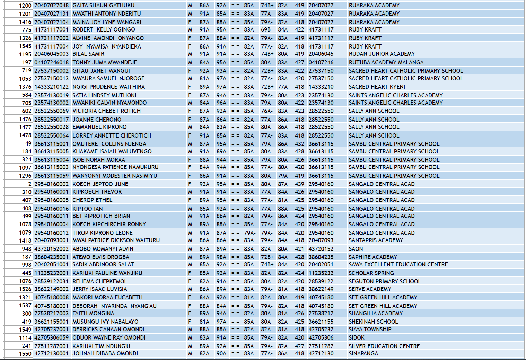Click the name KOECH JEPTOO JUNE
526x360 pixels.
click(x=100, y=184)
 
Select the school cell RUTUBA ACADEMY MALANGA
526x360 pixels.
click(x=386, y=62)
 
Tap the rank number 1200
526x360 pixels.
click(x=25, y=6)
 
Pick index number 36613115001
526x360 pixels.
click(x=51, y=144)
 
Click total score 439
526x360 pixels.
click(x=299, y=184)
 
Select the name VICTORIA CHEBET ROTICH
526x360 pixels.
click(x=106, y=111)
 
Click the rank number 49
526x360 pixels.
click(x=28, y=144)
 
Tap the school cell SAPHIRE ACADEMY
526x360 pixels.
click(x=373, y=257)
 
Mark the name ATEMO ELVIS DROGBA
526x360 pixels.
click(x=100, y=257)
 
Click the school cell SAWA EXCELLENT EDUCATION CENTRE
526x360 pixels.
click(x=398, y=264)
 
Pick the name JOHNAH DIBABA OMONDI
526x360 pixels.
click(x=105, y=353)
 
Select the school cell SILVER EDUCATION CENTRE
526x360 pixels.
click(x=384, y=346)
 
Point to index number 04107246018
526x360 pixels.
click(x=51, y=62)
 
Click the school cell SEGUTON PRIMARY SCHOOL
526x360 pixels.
click(x=385, y=281)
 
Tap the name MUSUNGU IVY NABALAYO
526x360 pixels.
click(x=105, y=322)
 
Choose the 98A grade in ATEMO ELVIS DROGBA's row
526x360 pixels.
click(x=221, y=257)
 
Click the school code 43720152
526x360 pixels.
click(x=321, y=249)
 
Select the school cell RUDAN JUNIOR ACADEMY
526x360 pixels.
click(x=382, y=54)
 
